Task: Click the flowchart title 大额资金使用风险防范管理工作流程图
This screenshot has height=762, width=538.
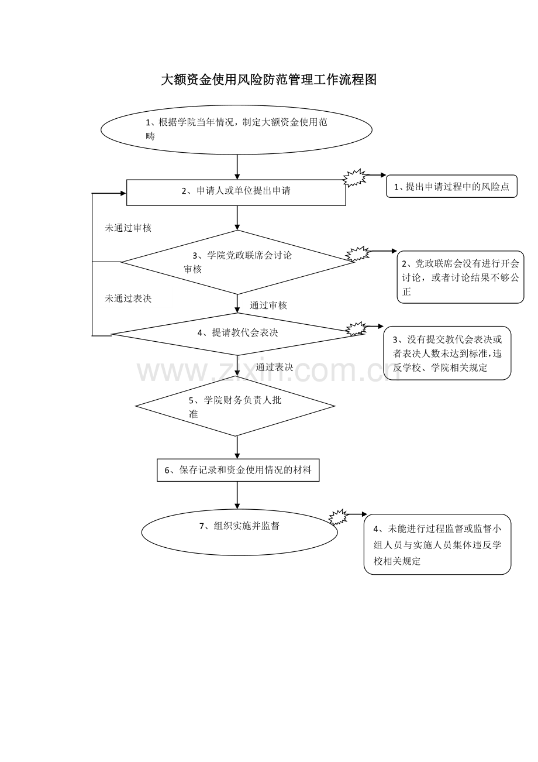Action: click(268, 80)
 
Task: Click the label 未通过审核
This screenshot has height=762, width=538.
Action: click(128, 228)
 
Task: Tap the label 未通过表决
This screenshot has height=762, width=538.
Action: click(128, 298)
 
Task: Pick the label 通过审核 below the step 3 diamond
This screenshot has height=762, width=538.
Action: click(268, 305)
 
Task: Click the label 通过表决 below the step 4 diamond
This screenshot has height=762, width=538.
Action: click(274, 367)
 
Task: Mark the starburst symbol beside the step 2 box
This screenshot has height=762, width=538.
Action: click(355, 178)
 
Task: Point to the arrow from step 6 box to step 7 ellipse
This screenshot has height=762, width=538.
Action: click(237, 495)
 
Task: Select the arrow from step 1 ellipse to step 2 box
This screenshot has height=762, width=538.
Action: click(237, 167)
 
